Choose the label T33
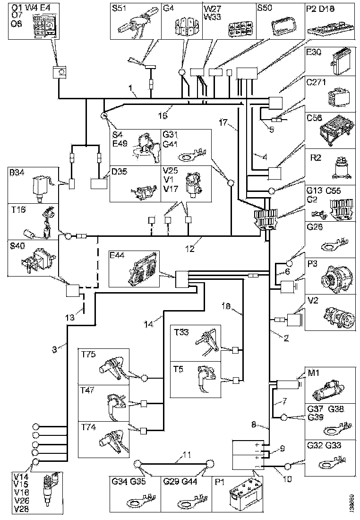point(180,332)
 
